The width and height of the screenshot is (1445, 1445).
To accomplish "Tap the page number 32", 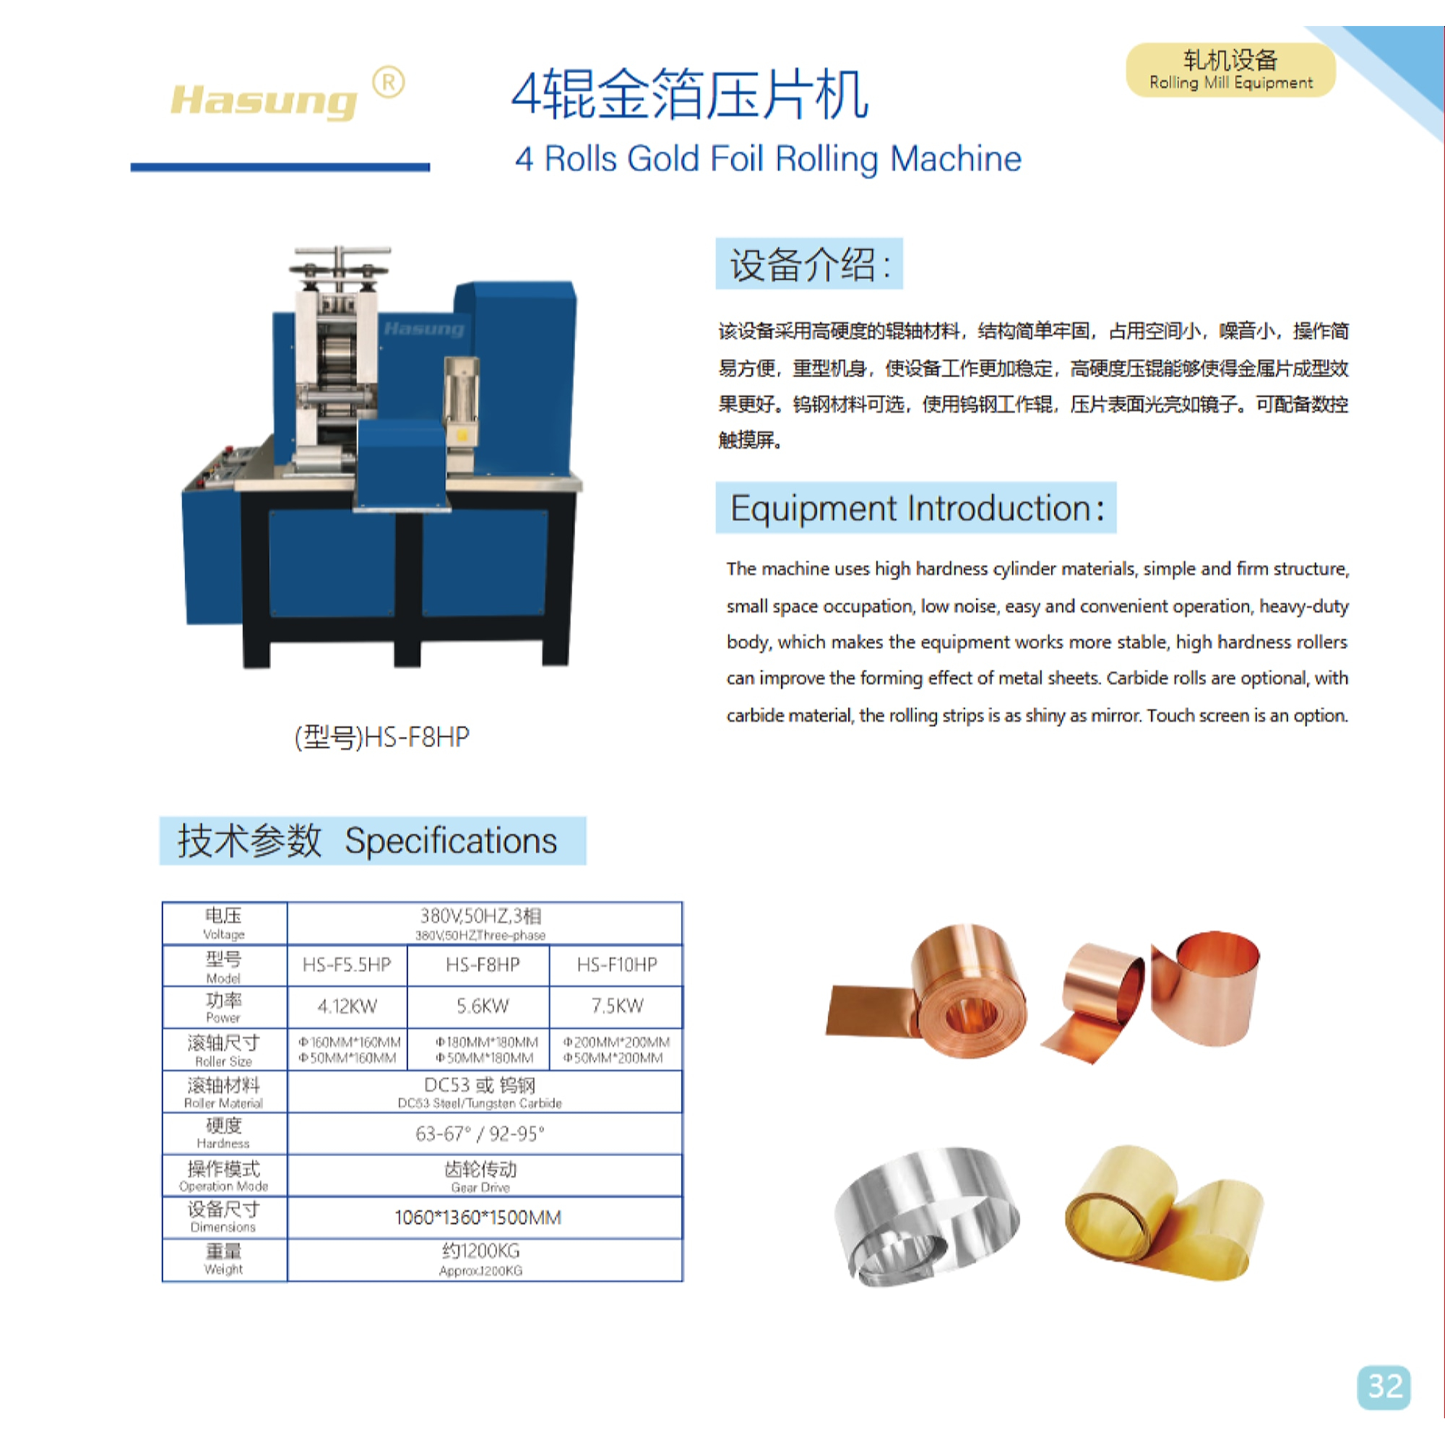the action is click(x=1384, y=1387).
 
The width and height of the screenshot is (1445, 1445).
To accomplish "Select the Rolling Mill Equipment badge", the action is click(x=1230, y=70).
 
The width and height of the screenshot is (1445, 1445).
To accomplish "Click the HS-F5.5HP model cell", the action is click(x=347, y=965).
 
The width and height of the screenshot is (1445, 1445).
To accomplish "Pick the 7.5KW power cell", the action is click(x=617, y=1006).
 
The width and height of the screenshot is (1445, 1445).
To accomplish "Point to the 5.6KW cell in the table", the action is click(x=483, y=1006).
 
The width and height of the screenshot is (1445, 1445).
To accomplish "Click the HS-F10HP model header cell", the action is click(x=617, y=965).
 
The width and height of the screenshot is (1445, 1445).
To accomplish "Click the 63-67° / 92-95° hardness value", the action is click(x=480, y=1134).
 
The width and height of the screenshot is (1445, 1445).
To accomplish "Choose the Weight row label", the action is click(x=224, y=1259).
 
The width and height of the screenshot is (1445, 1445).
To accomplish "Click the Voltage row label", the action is click(x=224, y=923).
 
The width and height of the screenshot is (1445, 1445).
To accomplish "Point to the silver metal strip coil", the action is click(x=928, y=1215).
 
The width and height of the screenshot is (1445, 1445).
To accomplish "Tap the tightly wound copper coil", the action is click(x=928, y=991).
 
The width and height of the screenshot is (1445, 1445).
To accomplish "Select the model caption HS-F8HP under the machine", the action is click(x=382, y=738).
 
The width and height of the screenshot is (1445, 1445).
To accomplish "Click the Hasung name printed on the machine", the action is click(x=423, y=329).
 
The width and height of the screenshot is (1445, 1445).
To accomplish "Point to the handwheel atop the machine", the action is click(x=341, y=268).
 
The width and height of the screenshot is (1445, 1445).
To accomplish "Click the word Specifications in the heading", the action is click(x=451, y=842).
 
